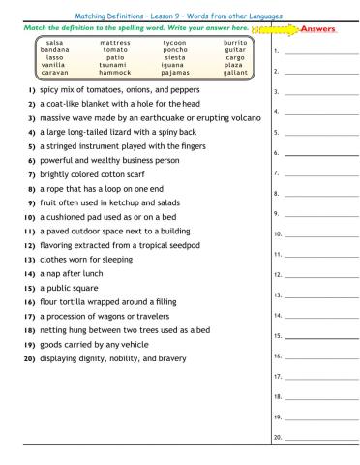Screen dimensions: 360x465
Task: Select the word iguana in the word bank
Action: tap(175, 64)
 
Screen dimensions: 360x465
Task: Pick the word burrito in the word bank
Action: tap(235, 43)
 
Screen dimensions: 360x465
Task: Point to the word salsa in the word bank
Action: tap(55, 43)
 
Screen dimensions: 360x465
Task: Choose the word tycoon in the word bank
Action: tap(175, 43)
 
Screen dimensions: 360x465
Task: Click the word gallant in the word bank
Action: tap(235, 72)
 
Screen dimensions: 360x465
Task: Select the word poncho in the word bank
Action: tap(175, 49)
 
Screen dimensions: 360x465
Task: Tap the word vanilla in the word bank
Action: tap(55, 64)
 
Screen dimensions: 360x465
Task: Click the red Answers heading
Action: tap(319, 29)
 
